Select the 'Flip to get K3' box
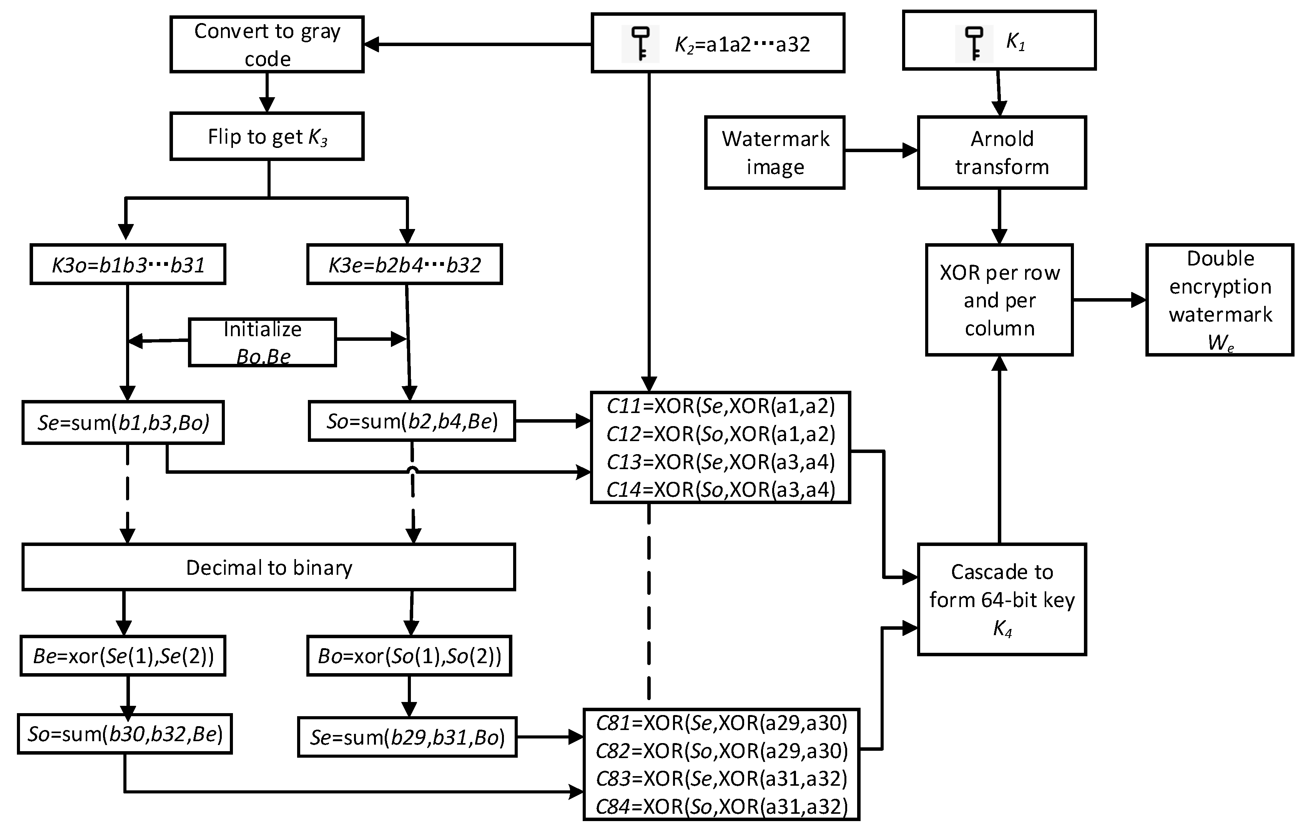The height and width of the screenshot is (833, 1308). pyautogui.click(x=267, y=136)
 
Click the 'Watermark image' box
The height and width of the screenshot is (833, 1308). pyautogui.click(x=774, y=153)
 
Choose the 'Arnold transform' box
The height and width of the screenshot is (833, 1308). pyautogui.click(x=1002, y=153)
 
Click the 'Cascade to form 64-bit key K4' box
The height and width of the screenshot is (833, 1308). pyautogui.click(x=1002, y=599)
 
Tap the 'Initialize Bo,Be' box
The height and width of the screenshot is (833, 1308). pyautogui.click(x=263, y=342)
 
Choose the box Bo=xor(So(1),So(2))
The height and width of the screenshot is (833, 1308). pyautogui.click(x=409, y=656)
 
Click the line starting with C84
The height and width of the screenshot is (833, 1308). pyautogui.click(x=721, y=806)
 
